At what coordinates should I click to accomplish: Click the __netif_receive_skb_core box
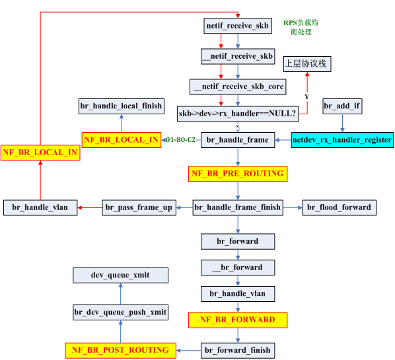pos(238,87)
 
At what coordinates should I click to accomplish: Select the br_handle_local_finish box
pos(122,106)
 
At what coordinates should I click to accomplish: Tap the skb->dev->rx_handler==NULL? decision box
pos(238,114)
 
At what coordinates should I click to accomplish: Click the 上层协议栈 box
pos(307,64)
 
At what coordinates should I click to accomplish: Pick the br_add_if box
pos(342,106)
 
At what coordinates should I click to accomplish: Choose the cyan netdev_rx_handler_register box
pos(342,140)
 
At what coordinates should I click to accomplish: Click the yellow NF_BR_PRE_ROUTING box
pos(238,174)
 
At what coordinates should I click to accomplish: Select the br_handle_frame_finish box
pos(238,207)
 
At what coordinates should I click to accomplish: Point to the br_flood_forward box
pos(340,207)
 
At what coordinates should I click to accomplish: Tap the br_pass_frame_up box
pos(139,207)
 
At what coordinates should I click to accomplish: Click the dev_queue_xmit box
pos(120,275)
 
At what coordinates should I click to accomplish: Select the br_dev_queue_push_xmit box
pos(120,312)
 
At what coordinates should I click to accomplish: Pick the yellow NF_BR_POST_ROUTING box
pos(120,351)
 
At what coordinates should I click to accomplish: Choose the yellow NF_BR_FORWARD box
pos(238,320)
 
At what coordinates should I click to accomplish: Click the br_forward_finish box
pos(238,351)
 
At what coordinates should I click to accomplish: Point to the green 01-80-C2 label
pos(180,139)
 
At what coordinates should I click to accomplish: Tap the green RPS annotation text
pos(301,27)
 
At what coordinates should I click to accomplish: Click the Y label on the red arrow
pos(306,96)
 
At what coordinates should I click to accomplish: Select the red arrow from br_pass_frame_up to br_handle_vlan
pos(90,207)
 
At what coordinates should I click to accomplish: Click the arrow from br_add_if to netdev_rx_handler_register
pos(342,123)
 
